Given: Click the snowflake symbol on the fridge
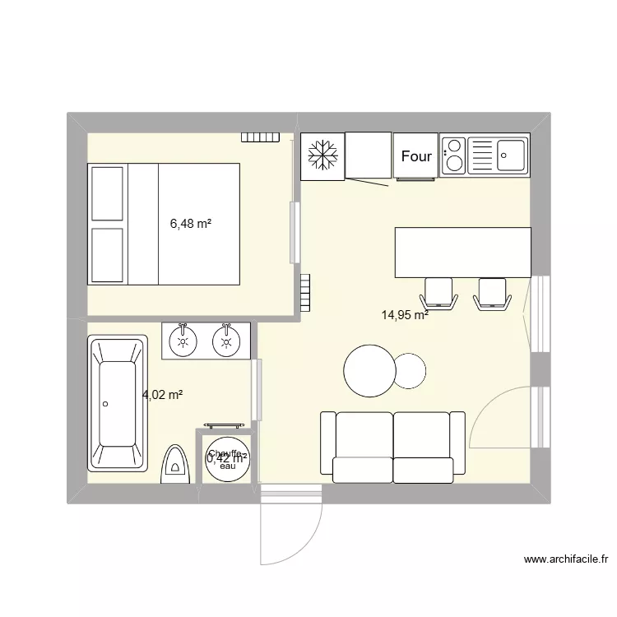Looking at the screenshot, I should pos(322,155).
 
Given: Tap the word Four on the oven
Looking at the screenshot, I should pos(416,156).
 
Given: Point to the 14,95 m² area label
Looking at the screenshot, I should pos(404,313).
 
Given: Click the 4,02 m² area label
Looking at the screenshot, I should pos(162,395).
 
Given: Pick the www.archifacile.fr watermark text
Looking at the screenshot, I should pos(567,559).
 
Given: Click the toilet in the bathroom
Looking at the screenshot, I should pos(175,465).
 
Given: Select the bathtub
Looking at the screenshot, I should pos(118,404).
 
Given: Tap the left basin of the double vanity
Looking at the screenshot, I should pos(183,341).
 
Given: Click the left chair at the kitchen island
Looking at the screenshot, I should pos(439,294).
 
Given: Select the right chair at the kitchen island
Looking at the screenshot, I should pos(492,294).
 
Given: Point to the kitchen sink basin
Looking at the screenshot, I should pos(512,154).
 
